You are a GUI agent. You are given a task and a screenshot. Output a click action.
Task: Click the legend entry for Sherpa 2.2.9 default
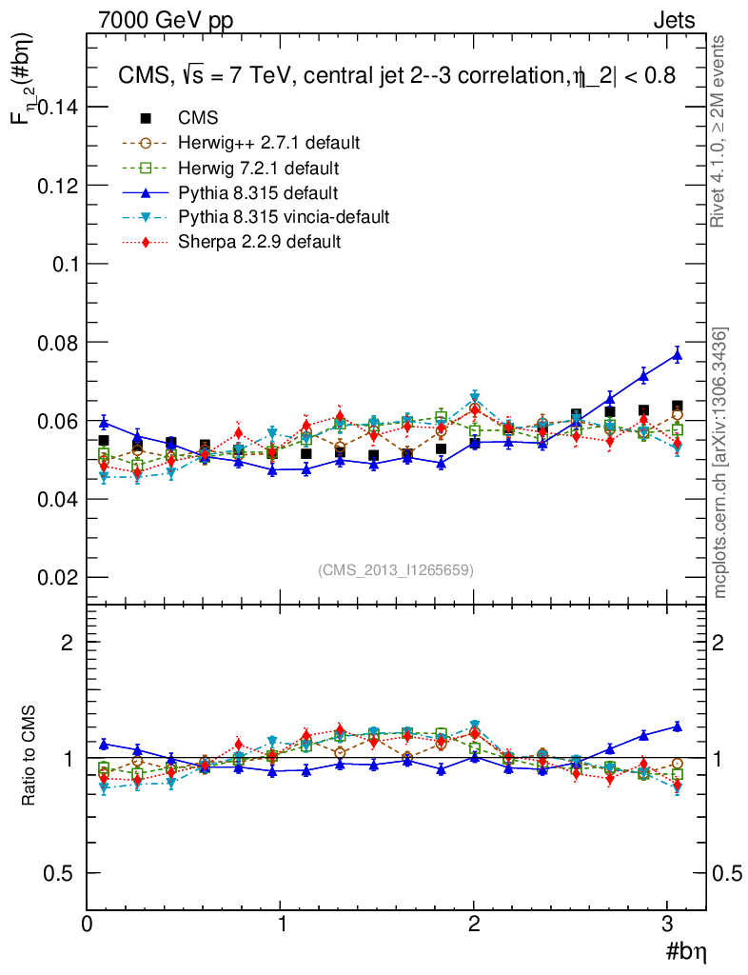click(259, 242)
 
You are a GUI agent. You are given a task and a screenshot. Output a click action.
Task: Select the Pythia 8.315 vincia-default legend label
click(284, 217)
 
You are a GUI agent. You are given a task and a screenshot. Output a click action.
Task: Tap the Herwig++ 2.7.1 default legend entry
click(268, 143)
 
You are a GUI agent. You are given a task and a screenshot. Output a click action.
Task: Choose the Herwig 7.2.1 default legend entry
click(258, 168)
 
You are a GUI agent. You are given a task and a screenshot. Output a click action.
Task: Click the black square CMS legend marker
click(146, 118)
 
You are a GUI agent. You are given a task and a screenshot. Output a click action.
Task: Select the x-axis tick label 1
click(282, 923)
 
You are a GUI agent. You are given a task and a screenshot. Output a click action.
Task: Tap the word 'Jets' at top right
click(674, 20)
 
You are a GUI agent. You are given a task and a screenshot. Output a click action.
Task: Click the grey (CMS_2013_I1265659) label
click(396, 569)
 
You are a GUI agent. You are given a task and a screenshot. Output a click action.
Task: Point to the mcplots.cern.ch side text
click(720, 463)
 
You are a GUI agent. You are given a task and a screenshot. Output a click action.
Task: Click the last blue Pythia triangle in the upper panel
click(678, 355)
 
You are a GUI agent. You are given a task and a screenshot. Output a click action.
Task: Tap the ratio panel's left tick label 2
click(68, 642)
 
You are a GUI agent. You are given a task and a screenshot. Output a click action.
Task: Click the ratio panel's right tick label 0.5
click(728, 873)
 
